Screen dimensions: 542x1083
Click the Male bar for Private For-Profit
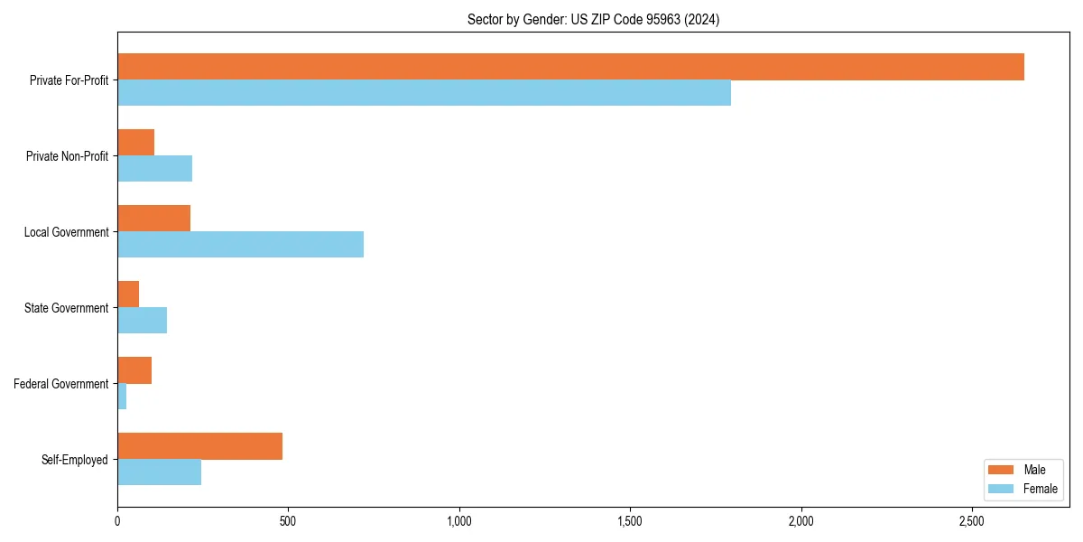pos(570,67)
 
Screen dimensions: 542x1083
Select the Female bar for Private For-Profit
pos(424,93)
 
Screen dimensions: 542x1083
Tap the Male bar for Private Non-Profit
pos(135,143)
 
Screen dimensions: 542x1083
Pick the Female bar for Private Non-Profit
pos(154,169)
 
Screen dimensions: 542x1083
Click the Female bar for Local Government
pos(240,245)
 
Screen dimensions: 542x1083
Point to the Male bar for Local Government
pos(153,219)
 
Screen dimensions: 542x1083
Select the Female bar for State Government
pos(142,321)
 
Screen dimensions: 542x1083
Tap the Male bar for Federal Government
pos(134,370)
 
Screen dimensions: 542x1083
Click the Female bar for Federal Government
pos(122,397)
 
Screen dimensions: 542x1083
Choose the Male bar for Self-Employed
pos(199,446)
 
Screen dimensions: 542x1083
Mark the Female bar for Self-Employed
pos(159,472)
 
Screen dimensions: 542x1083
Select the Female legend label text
pos(1040,489)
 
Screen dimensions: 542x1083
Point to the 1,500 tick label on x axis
pos(630,522)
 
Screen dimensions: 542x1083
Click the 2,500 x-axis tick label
pos(971,522)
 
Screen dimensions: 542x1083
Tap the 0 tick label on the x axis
pos(117,522)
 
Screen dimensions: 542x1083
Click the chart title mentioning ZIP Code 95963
pos(593,19)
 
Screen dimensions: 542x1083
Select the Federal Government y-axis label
pos(60,384)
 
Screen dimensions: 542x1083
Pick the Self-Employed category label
pos(74,460)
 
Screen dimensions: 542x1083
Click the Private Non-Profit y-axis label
pos(67,156)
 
